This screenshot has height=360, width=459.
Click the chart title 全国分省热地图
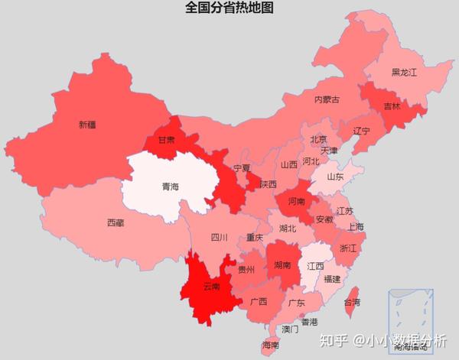tap(229, 8)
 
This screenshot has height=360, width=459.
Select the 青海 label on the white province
tap(170, 186)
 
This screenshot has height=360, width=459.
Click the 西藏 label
tap(116, 223)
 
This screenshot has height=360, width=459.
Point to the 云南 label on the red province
tap(211, 287)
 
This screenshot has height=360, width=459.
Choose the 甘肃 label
tap(166, 141)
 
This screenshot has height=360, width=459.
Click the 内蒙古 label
tap(327, 99)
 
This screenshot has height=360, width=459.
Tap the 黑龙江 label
tap(403, 73)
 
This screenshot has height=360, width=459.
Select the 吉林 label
tap(391, 106)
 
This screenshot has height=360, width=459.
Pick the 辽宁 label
tap(361, 131)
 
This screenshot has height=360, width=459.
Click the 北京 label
tap(318, 139)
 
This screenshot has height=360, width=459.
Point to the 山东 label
tap(336, 177)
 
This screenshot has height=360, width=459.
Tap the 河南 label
tap(297, 202)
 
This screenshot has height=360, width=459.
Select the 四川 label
tap(219, 238)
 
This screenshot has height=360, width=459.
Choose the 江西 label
tap(314, 267)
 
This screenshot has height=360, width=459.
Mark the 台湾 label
tap(352, 303)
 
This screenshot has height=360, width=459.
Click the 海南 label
tap(270, 345)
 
